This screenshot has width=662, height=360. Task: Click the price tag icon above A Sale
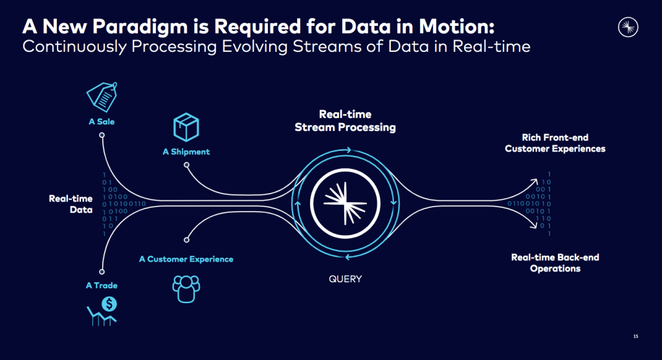102,98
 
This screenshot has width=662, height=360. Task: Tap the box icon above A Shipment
186,128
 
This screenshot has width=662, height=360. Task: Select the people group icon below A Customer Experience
186,289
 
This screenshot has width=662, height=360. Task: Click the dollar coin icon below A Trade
109,303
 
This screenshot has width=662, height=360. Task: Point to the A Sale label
102,121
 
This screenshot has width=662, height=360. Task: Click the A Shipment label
186,152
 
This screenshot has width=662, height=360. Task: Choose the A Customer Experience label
186,259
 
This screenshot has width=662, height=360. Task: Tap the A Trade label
102,286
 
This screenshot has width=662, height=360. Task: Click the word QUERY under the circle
345,279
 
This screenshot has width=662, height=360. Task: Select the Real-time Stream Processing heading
345,121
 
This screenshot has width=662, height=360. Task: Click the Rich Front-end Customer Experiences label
555,143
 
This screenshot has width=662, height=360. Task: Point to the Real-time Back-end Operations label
555,263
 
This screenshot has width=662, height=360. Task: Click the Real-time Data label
71,204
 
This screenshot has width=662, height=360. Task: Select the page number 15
635,336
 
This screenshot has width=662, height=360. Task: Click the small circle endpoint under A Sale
102,135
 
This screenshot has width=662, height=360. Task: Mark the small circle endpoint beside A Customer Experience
186,239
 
